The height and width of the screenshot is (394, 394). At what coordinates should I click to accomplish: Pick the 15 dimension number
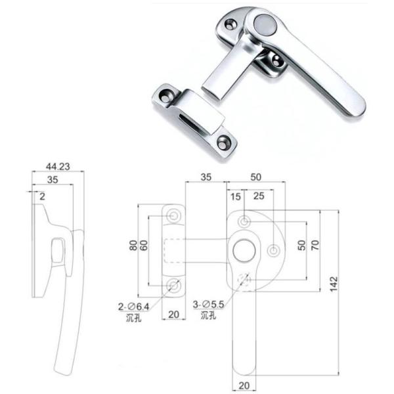point(236,197)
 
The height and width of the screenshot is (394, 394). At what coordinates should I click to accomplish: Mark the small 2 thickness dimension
point(41,196)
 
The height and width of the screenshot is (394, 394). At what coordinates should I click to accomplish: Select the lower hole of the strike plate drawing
point(174,284)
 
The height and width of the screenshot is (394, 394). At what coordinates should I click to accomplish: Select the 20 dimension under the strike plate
point(174,314)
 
